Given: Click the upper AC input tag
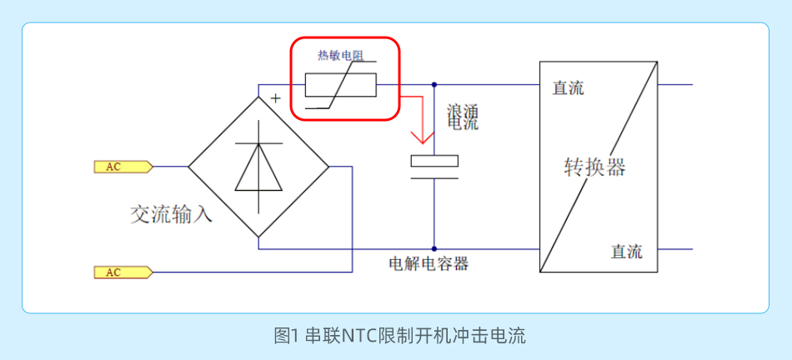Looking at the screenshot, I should (122, 167).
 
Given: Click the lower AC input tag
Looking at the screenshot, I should (122, 272).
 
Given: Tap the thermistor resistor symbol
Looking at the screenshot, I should (340, 85).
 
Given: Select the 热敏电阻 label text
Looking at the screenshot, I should (342, 56).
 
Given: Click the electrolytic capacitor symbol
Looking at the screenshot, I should (434, 167).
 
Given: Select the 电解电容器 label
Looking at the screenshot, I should (429, 265).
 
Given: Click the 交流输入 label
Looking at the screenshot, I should (171, 215).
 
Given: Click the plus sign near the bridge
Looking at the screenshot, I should (275, 98).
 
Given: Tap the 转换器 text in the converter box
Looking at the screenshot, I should (594, 168).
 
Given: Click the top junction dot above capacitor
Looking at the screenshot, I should (434, 84).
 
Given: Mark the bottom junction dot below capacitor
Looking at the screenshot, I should (434, 248).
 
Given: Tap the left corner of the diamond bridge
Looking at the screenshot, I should (189, 167).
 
